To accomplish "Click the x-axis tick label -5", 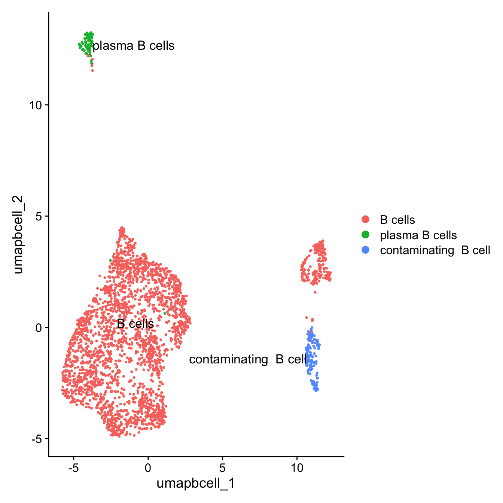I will (x=73, y=468).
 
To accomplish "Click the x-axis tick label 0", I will (x=148, y=468).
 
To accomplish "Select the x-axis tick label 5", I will (x=222, y=468).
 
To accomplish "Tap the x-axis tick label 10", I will (x=297, y=468).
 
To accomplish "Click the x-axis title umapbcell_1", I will (x=196, y=483).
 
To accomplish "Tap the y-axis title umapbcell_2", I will (x=18, y=234).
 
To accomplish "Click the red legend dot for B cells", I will (x=366, y=219).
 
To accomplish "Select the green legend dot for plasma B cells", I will (x=366, y=235).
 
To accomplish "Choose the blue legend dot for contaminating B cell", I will (x=366, y=250).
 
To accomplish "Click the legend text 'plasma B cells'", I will (x=418, y=235).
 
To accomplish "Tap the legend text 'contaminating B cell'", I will (x=435, y=250).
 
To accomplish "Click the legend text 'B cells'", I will (x=397, y=220).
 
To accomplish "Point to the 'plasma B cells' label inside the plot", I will (x=134, y=46).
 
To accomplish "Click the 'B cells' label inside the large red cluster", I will (x=135, y=324).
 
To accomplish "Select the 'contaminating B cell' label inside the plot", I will (x=248, y=360).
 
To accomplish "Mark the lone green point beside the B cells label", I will (x=165, y=313).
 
